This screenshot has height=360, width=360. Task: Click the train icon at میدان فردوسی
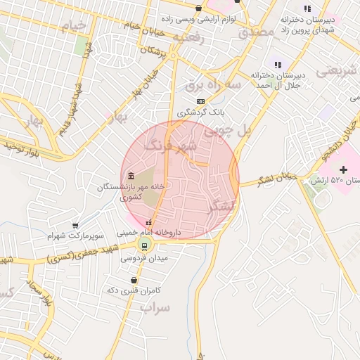point(144,245)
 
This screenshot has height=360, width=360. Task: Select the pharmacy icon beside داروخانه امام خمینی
point(148,223)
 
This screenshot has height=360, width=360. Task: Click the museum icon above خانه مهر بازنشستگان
point(130,176)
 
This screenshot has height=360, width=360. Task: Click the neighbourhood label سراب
point(155,308)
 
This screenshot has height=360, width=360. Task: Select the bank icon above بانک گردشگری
point(200,101)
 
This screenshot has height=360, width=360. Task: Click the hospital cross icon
point(343,169)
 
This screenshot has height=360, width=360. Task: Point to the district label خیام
point(75,27)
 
